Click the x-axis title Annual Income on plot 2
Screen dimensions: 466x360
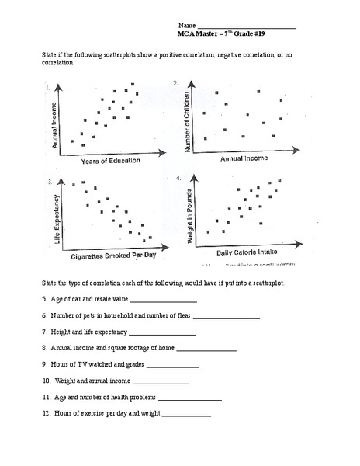[x=243, y=158]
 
